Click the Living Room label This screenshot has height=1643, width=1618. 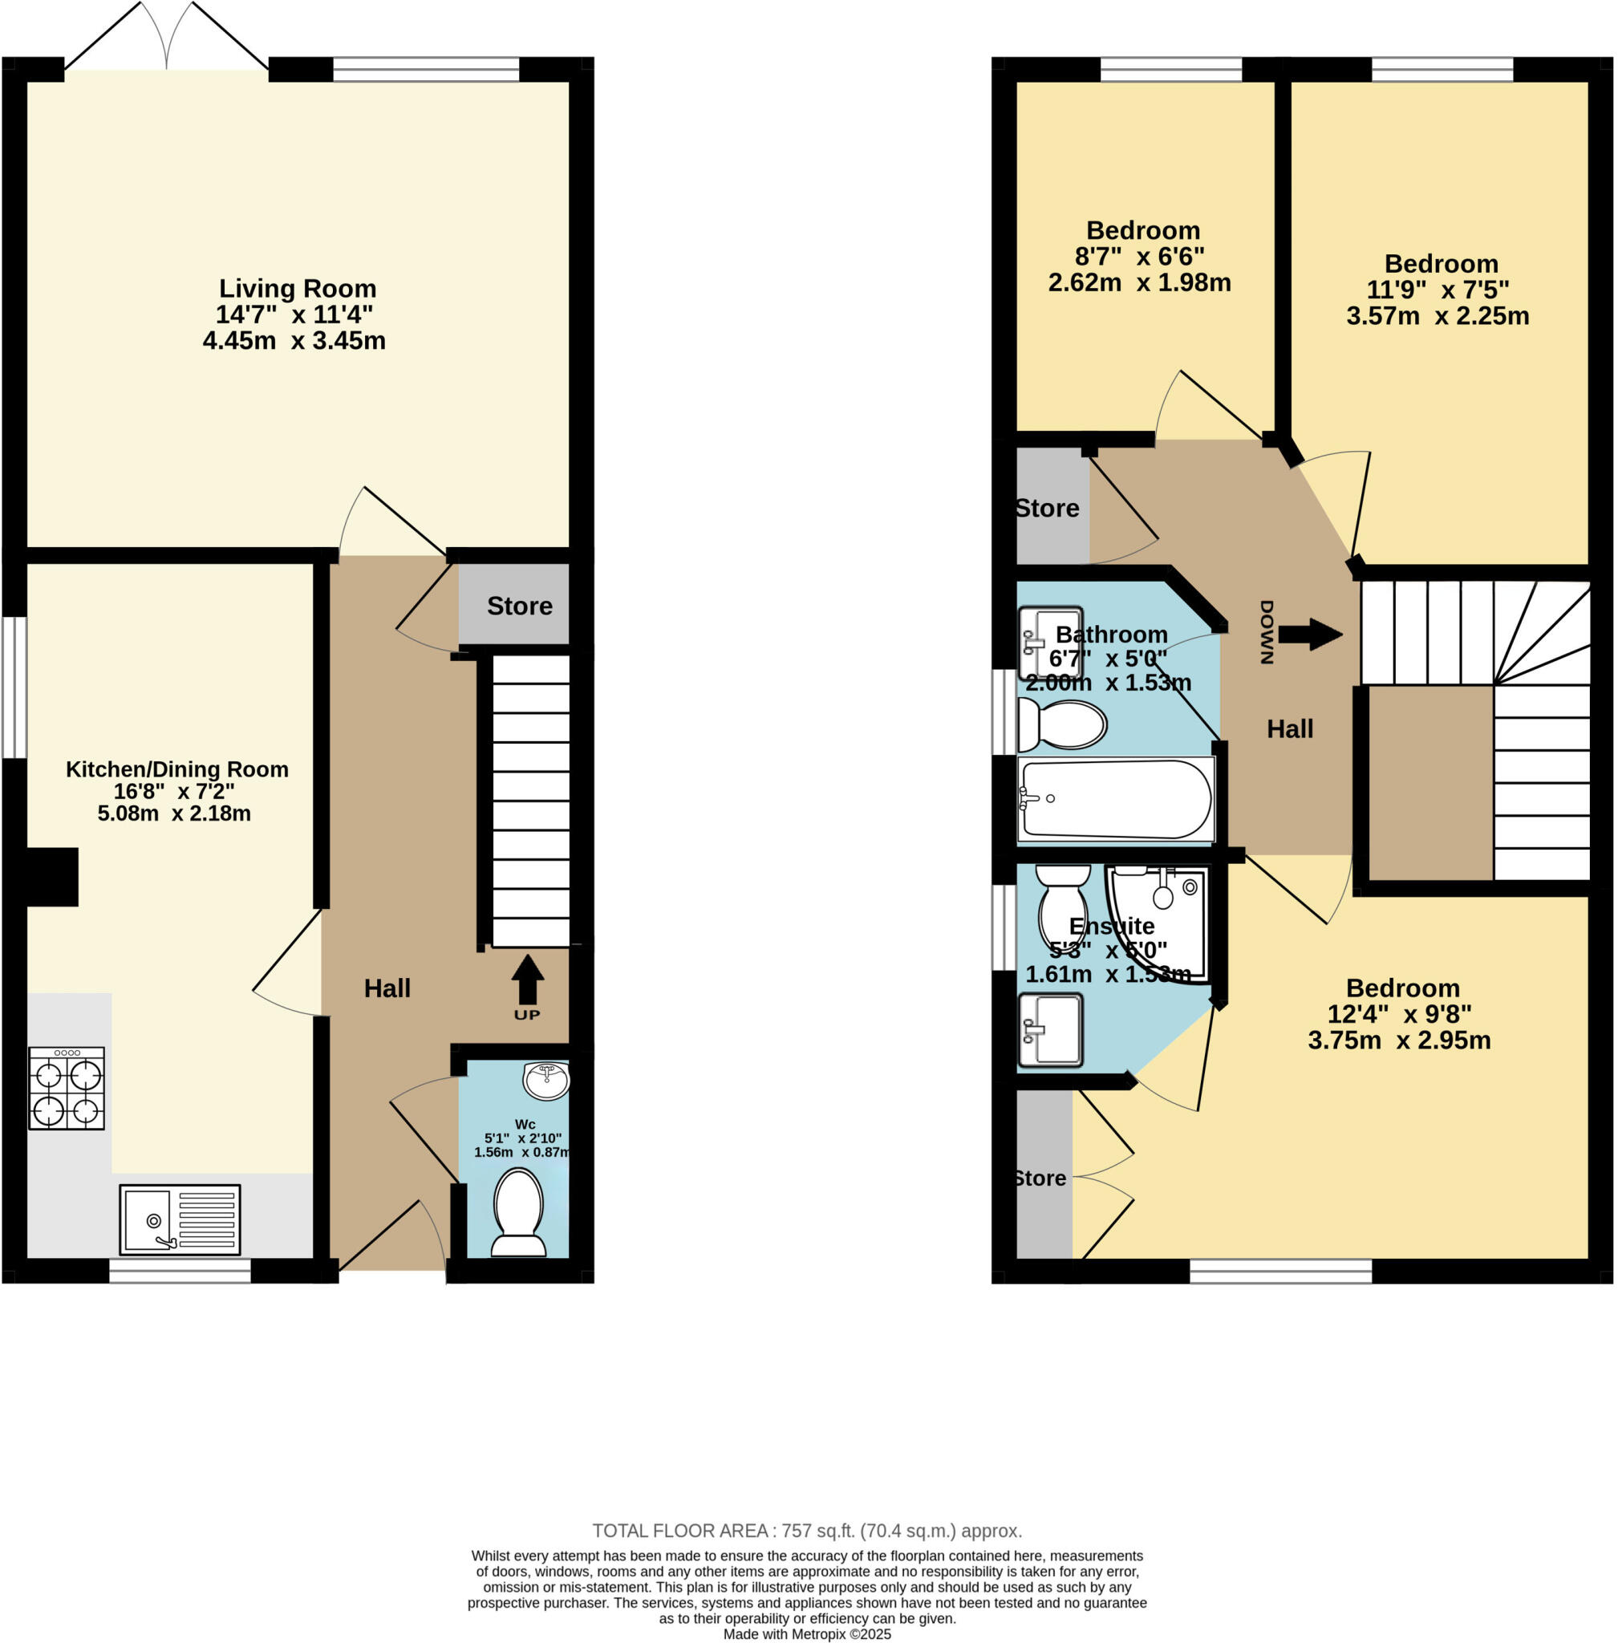click(x=298, y=289)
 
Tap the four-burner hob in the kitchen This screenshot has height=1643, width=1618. click(x=67, y=1088)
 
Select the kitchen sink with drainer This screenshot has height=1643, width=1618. click(x=180, y=1219)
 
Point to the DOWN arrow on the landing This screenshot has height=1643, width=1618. click(x=1309, y=634)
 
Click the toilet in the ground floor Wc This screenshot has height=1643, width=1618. click(x=518, y=1211)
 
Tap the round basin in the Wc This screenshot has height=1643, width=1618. click(x=546, y=1081)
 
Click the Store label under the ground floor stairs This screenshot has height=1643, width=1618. click(x=519, y=606)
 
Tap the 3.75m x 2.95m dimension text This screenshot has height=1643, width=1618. click(x=1399, y=1041)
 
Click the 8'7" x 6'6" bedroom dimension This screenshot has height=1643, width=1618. click(x=1140, y=256)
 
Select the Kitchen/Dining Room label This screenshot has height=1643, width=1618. click(x=176, y=769)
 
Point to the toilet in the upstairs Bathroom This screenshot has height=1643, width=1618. click(x=1062, y=725)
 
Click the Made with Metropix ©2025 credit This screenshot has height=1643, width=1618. click(x=806, y=1633)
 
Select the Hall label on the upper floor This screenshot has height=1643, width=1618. click(x=1289, y=728)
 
